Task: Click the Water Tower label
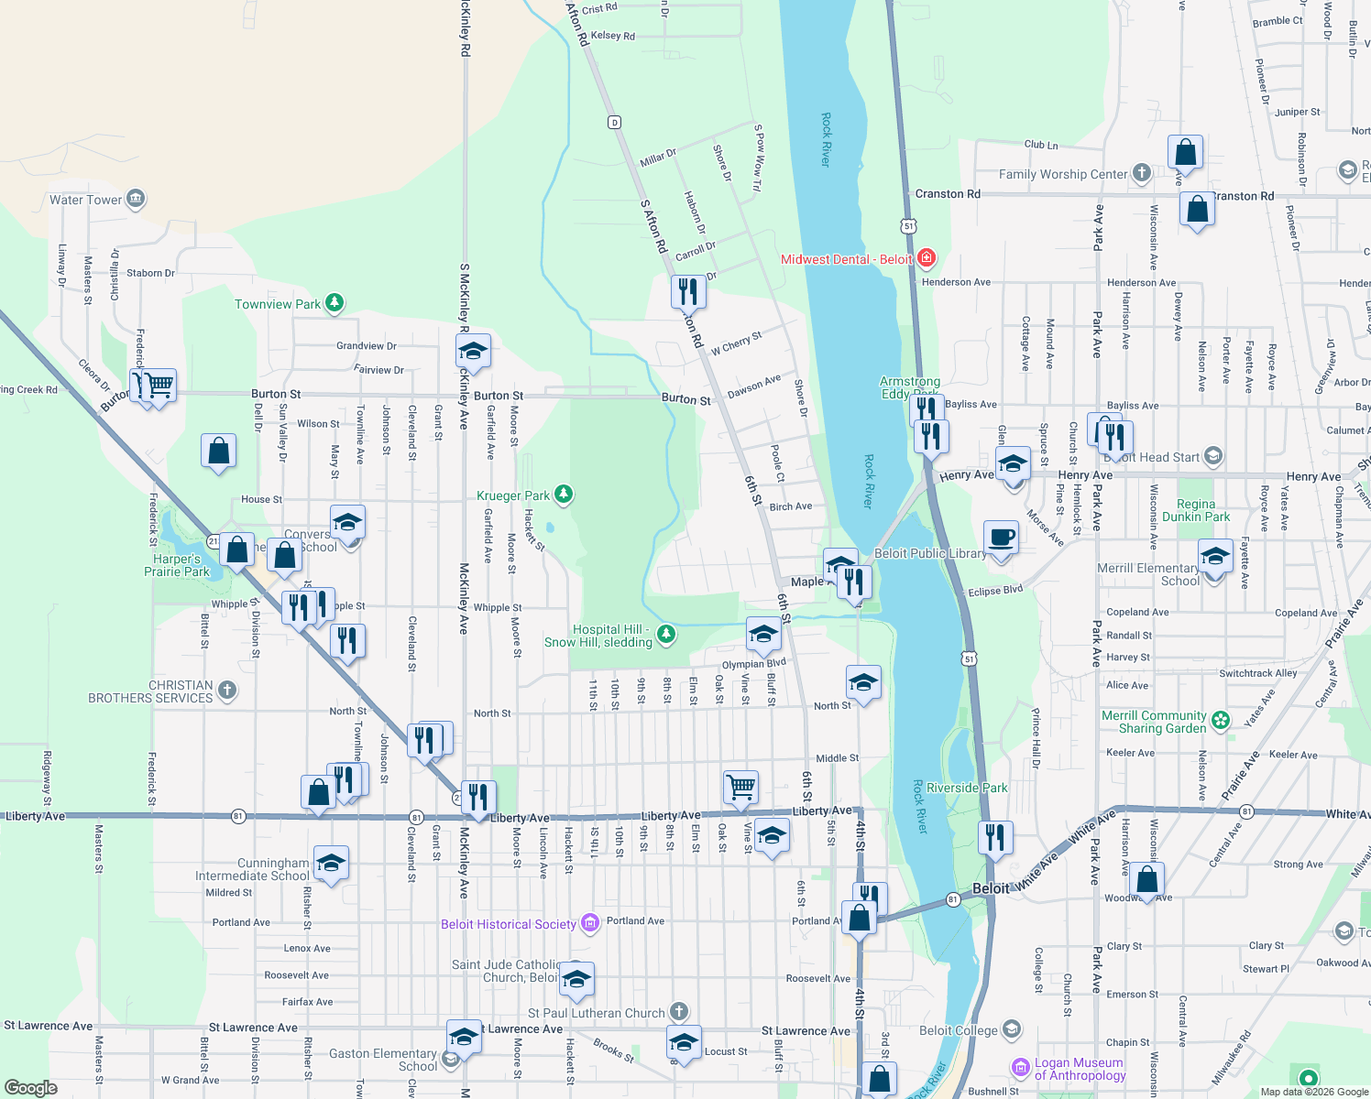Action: (x=85, y=200)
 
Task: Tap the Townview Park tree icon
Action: (x=335, y=303)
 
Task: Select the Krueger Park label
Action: (x=513, y=495)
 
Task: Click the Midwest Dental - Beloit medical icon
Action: (x=927, y=258)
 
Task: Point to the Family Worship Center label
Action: (x=1063, y=174)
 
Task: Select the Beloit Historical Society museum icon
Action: (x=590, y=923)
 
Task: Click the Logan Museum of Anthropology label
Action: (x=1080, y=1069)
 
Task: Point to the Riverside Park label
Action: (x=967, y=788)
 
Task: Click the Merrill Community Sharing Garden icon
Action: (x=1221, y=720)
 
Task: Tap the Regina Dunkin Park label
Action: (x=1196, y=510)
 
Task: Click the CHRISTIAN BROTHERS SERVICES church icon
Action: (x=228, y=691)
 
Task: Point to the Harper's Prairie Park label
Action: (x=177, y=565)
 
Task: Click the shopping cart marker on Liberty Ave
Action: (x=740, y=787)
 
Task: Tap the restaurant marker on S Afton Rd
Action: (x=687, y=292)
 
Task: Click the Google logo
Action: (x=31, y=1087)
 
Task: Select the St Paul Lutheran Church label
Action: (x=596, y=1013)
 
